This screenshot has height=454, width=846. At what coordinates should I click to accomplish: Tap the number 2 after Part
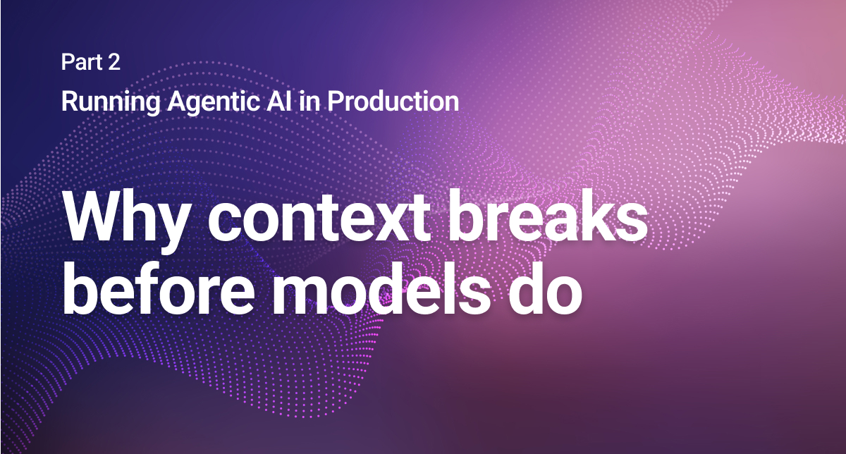pos(114,63)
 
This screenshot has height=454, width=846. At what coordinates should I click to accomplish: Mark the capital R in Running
pos(68,102)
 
